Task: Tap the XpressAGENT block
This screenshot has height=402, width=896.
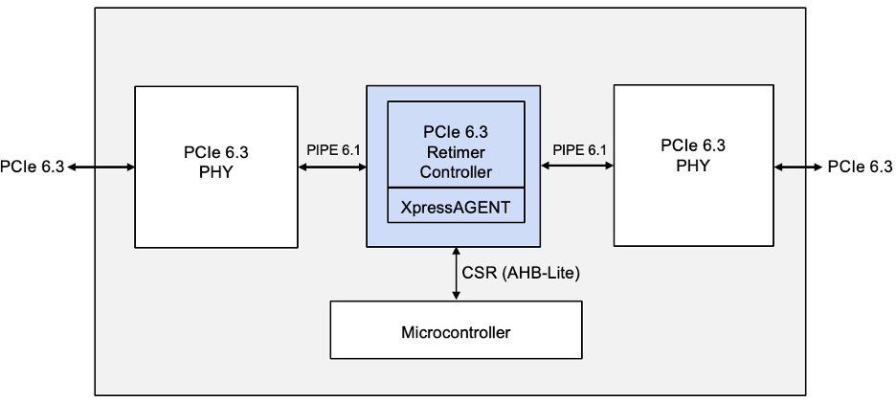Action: pyautogui.click(x=456, y=205)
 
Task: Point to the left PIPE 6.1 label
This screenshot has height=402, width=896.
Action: pyautogui.click(x=333, y=150)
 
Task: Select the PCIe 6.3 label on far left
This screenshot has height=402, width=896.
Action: pyautogui.click(x=32, y=167)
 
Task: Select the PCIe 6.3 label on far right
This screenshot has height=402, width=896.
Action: pyautogui.click(x=860, y=167)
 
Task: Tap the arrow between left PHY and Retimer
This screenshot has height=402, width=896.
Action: pyautogui.click(x=333, y=167)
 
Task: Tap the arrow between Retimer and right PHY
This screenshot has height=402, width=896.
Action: pyautogui.click(x=577, y=167)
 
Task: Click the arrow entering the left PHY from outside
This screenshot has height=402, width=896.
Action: pyautogui.click(x=101, y=167)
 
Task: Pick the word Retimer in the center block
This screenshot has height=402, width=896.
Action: pyautogui.click(x=456, y=153)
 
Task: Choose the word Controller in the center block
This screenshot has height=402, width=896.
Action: pyautogui.click(x=456, y=172)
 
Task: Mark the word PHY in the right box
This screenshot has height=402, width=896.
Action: pyautogui.click(x=692, y=165)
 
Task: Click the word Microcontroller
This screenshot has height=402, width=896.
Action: pyautogui.click(x=456, y=333)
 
